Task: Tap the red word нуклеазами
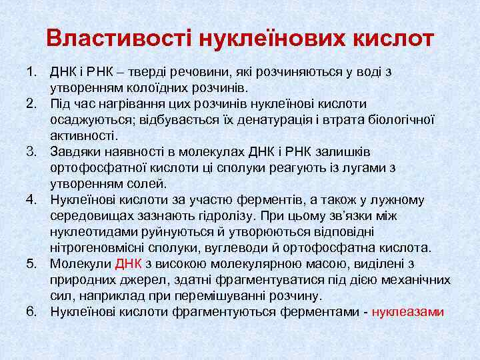pyautogui.click(x=408, y=311)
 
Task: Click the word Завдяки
pyautogui.click(x=74, y=152)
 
